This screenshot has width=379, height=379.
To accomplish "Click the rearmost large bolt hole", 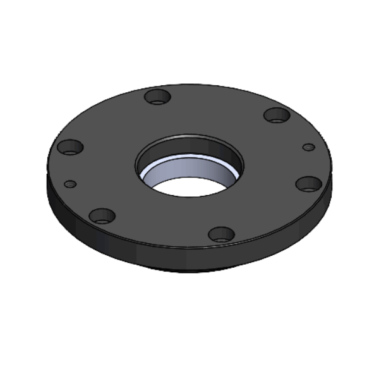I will click(158, 97).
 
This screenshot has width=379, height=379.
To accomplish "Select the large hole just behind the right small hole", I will click(277, 115).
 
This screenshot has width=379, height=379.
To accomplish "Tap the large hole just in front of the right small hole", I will click(309, 184).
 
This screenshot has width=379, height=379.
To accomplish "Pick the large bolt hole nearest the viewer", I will click(221, 234).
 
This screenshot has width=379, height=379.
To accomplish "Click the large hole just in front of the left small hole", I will click(102, 216).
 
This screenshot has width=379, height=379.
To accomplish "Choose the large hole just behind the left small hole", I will click(70, 147).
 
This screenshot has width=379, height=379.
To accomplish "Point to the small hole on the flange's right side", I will click(309, 147).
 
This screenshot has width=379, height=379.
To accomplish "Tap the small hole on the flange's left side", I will click(71, 184).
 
